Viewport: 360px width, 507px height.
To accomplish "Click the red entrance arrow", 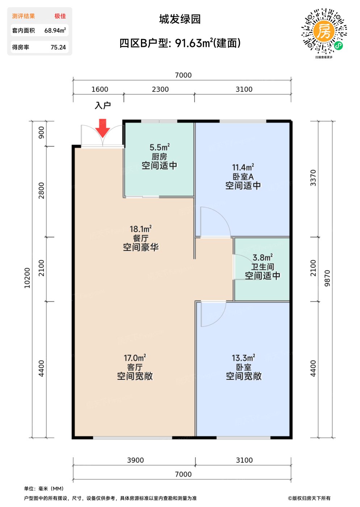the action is coord(102,128).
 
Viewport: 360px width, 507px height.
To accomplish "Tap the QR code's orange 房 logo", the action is coord(324,32).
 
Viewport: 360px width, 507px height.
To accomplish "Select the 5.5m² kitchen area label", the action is coord(160,147).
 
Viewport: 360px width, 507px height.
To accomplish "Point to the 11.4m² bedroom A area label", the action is coord(243,167).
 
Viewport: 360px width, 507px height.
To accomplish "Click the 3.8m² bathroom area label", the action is coord(263,257).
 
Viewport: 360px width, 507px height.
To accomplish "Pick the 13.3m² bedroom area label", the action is coord(243,358).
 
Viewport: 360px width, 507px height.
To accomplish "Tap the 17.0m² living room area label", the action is coord(135,358).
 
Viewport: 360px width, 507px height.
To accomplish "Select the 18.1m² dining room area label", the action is coord(141,229).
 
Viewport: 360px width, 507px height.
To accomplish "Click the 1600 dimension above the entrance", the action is coord(100,89).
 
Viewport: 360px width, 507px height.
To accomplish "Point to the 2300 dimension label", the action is coord(160,89).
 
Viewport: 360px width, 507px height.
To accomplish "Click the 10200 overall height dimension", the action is coord(27,278).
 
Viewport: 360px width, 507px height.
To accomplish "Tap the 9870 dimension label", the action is coord(327,278).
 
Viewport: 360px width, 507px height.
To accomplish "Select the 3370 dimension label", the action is coord(313,178).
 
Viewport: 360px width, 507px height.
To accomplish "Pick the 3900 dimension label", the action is coord(135,460).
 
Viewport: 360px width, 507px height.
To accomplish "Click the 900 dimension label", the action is coord(41,133).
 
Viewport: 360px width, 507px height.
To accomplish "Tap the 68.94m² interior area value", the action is coord(55,30).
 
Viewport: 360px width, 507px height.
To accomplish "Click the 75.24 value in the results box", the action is coord(58,47).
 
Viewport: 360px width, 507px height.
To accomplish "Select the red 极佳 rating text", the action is coord(60,16).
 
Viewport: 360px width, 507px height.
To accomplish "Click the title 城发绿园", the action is coord(180,19).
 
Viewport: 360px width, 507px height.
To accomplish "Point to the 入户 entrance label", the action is coord(103,105).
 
